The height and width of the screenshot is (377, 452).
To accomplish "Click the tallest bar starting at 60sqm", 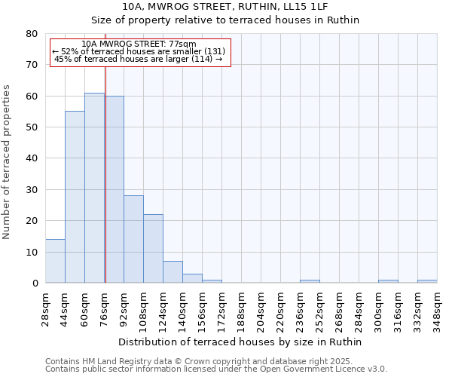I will click(94, 188).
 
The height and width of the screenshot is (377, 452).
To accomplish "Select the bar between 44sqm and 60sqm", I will click(75, 197).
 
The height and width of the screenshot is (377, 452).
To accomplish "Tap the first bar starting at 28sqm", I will click(55, 261).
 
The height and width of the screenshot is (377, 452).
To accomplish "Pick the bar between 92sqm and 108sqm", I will click(133, 239).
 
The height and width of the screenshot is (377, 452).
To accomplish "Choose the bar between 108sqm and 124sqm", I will click(153, 249).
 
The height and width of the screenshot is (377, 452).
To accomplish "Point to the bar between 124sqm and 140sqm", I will click(173, 272).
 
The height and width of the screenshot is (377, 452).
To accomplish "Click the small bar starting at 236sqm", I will click(310, 281).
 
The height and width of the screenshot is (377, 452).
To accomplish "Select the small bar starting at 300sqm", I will click(388, 281).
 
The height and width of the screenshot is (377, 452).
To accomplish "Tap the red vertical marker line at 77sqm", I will click(105, 173).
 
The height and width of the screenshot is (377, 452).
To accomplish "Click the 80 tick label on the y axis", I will click(31, 34).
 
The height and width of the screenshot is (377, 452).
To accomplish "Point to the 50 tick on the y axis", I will click(31, 127).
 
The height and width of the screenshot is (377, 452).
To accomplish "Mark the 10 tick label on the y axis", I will click(31, 252).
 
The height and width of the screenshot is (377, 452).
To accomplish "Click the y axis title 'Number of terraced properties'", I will click(7, 161).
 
